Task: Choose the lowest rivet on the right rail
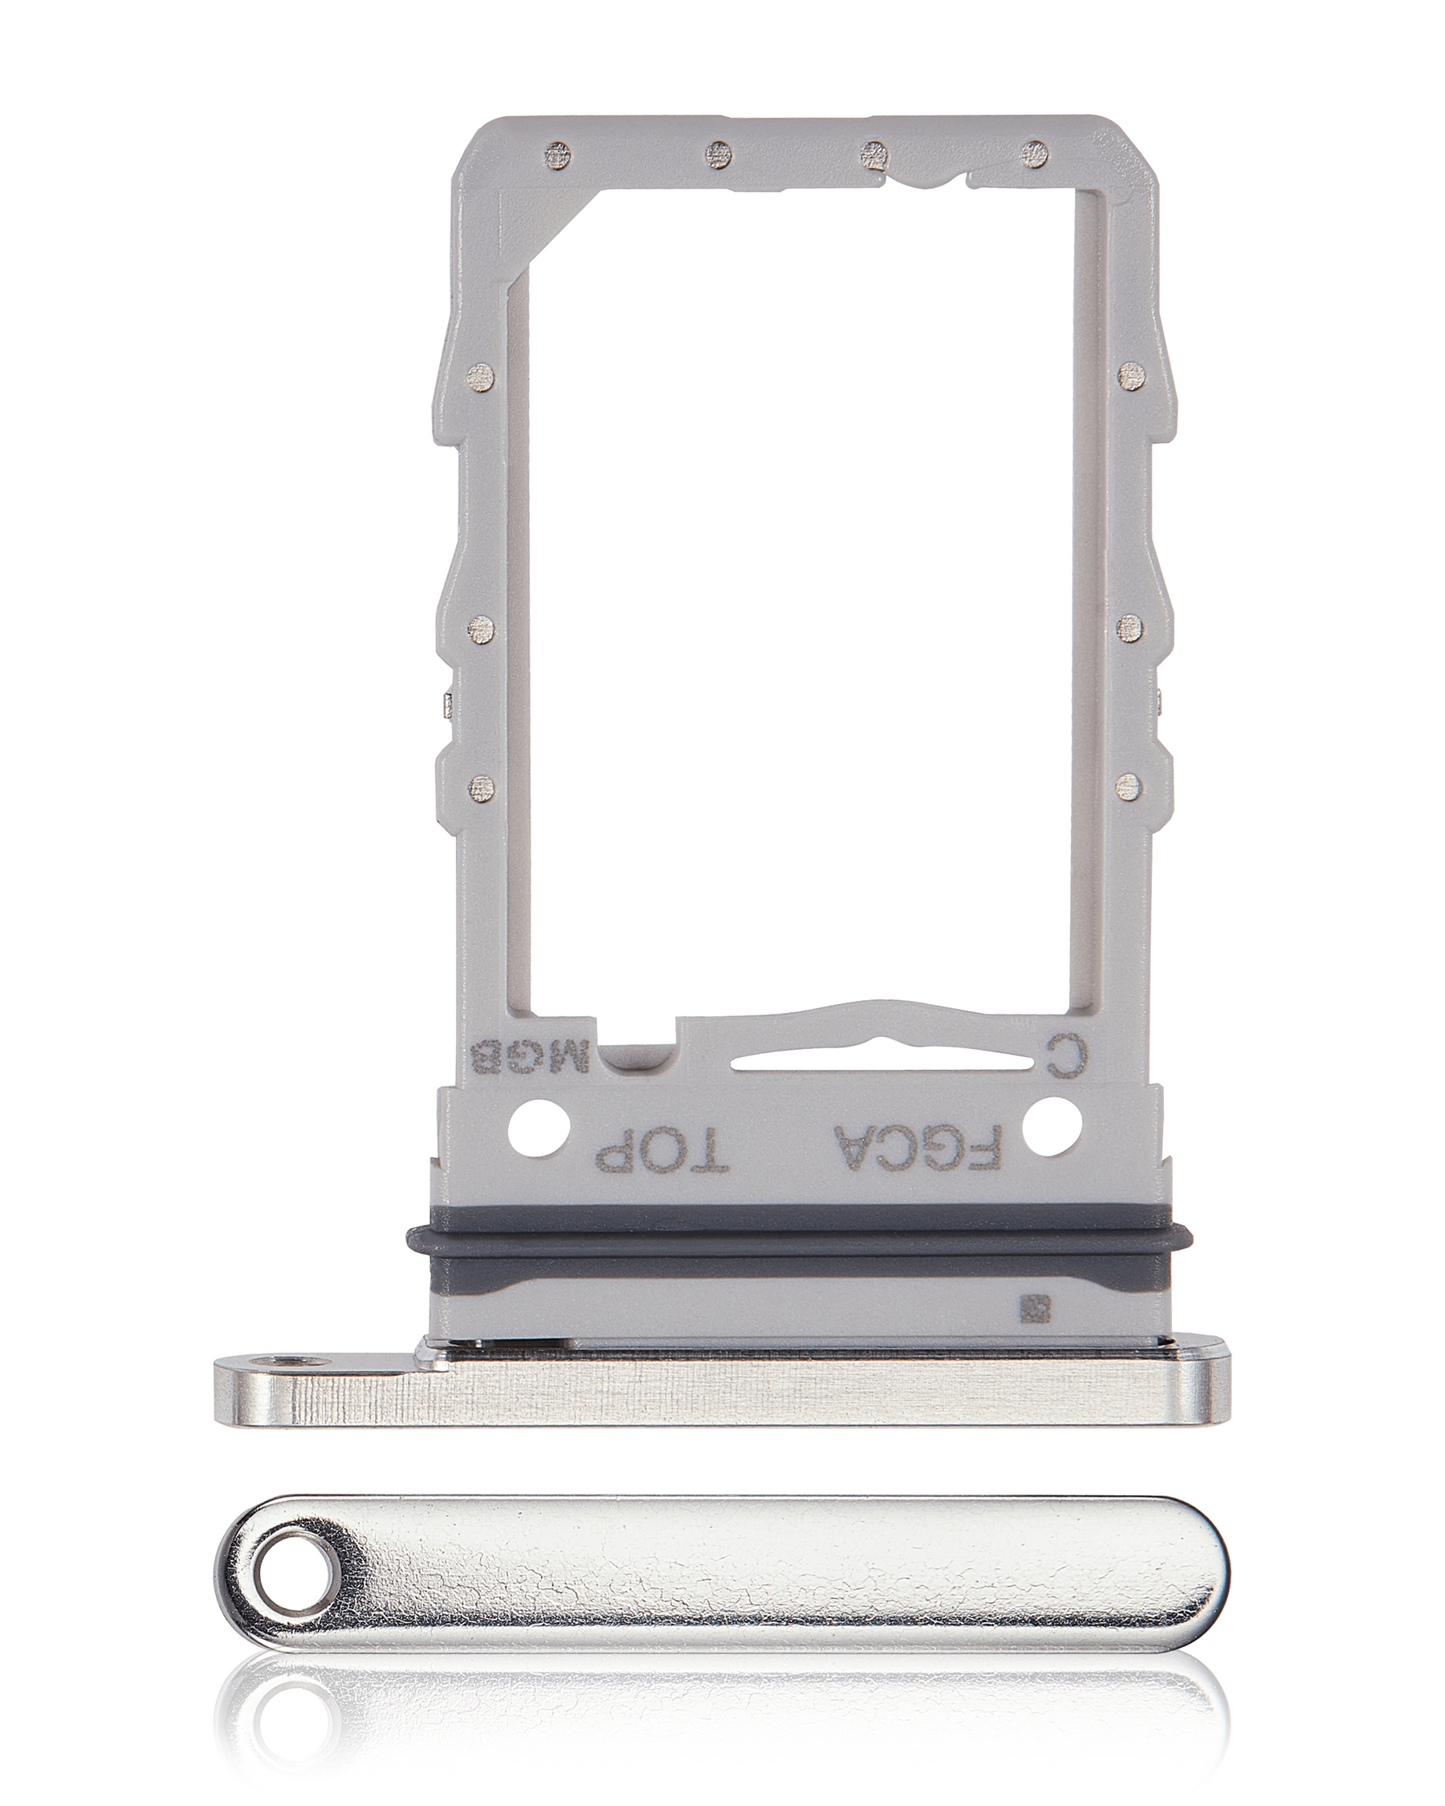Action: (1131, 784)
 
